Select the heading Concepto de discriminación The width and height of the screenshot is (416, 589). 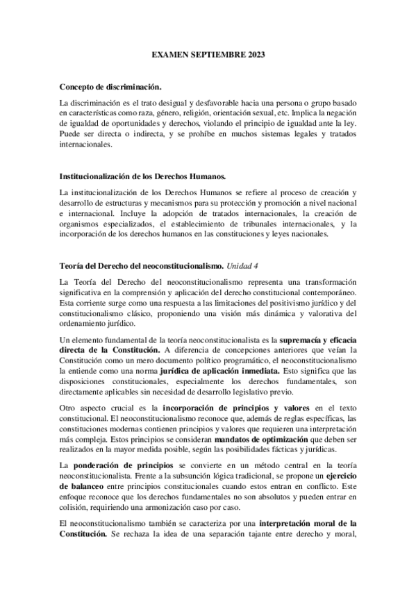[x=110, y=86]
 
